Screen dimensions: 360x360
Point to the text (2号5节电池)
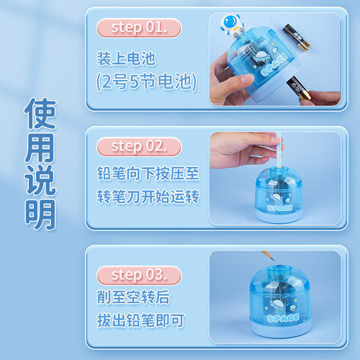tap(146, 81)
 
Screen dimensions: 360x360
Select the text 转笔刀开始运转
tap(148, 197)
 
